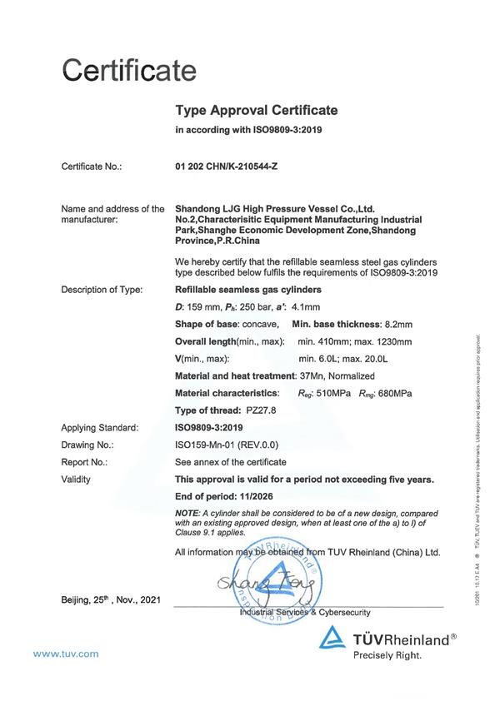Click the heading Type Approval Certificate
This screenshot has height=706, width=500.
256,110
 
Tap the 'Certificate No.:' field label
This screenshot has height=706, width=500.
92,167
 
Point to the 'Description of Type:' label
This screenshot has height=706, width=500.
102,290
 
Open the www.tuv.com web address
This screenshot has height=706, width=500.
67,654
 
